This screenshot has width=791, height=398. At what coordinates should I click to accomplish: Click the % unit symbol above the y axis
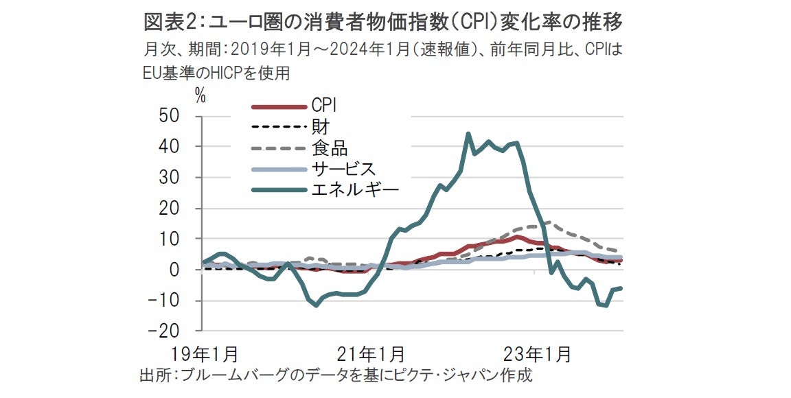point(200,96)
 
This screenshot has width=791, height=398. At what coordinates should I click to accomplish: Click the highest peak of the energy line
point(468,134)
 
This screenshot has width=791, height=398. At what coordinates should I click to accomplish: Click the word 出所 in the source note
point(153,375)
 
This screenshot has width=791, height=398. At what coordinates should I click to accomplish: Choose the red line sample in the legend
point(277,107)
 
